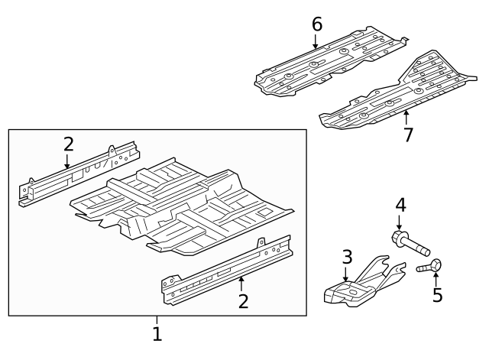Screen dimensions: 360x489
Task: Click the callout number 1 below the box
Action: click(x=157, y=334)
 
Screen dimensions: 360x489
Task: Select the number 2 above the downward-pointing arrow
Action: click(x=69, y=144)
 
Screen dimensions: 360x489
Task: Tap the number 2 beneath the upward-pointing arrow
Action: click(x=243, y=301)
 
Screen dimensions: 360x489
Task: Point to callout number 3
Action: click(x=346, y=257)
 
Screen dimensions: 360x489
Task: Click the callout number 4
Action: click(x=400, y=205)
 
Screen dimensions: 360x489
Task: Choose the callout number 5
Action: click(x=437, y=295)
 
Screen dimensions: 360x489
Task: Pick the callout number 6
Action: click(x=316, y=24)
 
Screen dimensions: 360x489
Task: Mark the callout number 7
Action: click(x=408, y=135)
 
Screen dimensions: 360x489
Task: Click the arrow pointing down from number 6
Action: click(x=316, y=42)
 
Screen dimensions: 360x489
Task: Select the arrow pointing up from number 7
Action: click(x=406, y=118)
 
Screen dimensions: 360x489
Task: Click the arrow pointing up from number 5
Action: click(x=436, y=277)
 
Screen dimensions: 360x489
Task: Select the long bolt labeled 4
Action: click(x=411, y=245)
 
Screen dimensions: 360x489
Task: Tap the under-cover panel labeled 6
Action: click(x=329, y=65)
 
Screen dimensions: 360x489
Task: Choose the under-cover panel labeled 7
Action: click(x=397, y=96)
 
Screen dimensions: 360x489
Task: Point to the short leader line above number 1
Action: click(x=157, y=320)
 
